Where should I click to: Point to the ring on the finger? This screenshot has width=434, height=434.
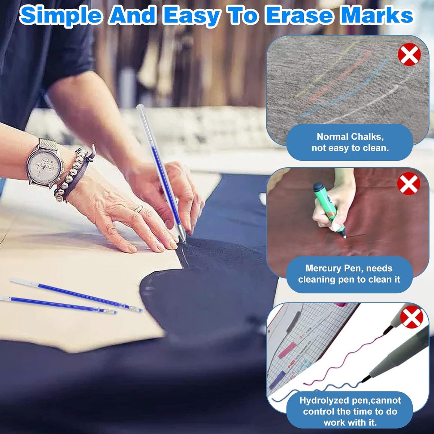tap(139, 208)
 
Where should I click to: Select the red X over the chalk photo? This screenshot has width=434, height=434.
tap(409, 55)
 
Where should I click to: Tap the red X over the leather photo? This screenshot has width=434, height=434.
tap(408, 184)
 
